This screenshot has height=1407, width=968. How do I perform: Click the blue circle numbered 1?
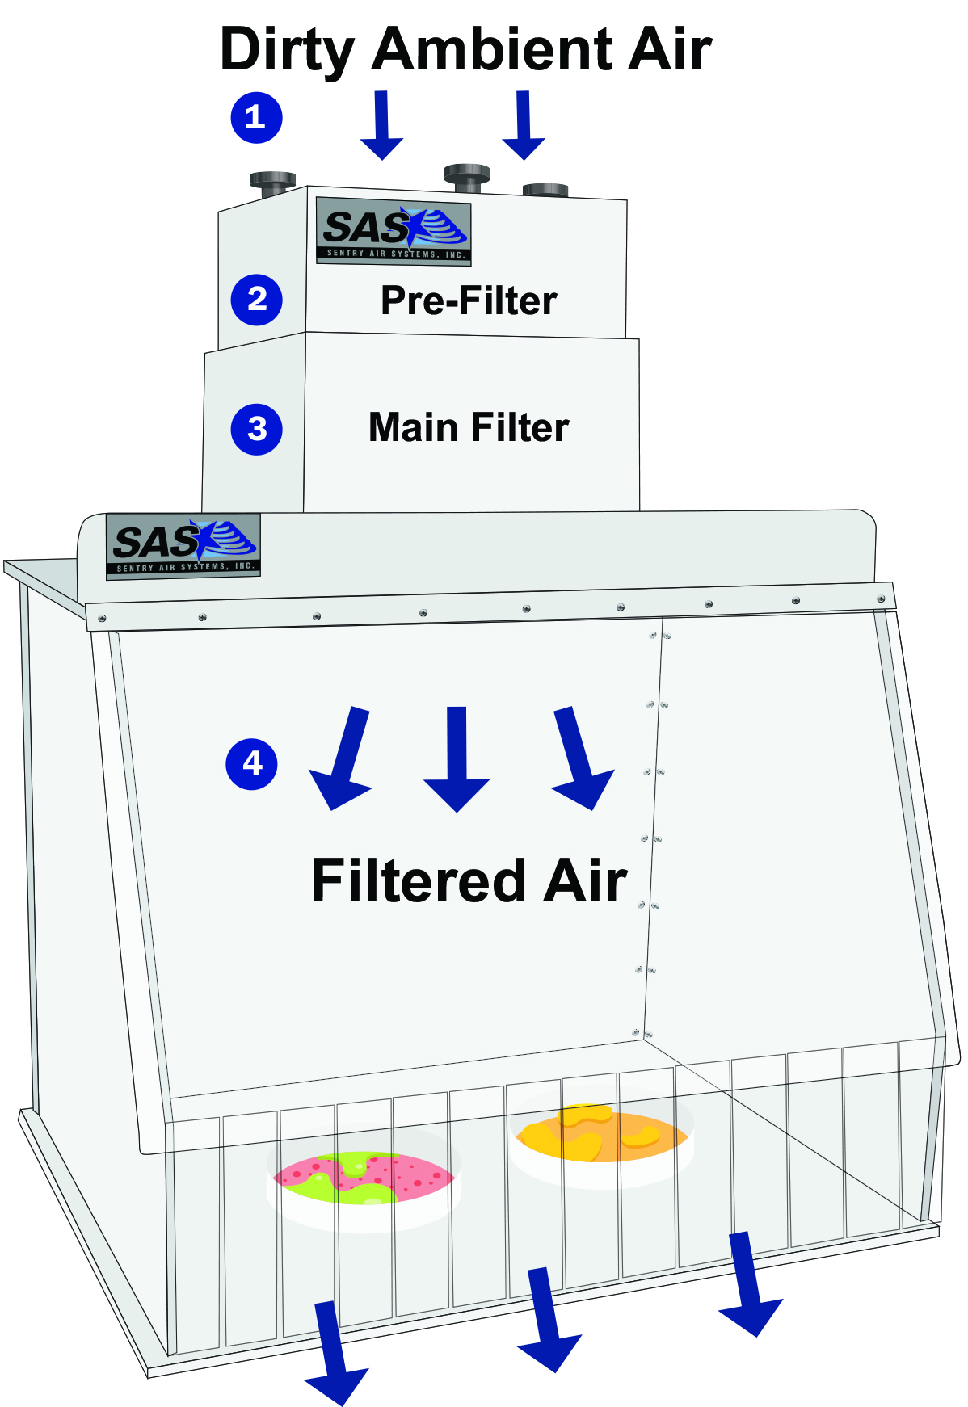(256, 118)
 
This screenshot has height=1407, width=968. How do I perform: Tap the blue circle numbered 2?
(256, 300)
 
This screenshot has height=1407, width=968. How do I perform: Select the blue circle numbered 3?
(256, 429)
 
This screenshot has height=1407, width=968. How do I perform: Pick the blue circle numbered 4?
(252, 763)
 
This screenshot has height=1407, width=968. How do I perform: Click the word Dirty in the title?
(287, 50)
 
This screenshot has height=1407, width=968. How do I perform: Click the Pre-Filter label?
(469, 300)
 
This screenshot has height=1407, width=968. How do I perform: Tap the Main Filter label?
(469, 427)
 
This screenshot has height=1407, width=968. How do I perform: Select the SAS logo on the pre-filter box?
(394, 231)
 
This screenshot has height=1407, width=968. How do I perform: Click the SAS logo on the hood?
(183, 545)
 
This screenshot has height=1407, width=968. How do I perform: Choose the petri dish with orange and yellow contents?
(602, 1135)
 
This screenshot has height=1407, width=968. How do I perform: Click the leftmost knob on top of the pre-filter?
(272, 184)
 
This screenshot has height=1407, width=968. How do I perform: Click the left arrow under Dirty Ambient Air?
(381, 126)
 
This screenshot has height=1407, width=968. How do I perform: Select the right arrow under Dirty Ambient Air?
(524, 126)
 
